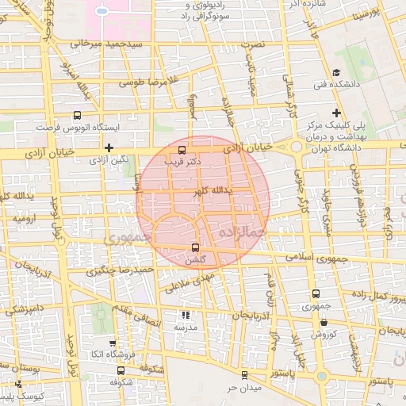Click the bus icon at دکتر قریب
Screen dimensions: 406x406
[x=183, y=149]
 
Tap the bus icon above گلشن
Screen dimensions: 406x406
[x=195, y=247]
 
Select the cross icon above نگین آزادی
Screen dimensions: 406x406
[x=109, y=147]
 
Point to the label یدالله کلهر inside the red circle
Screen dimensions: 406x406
[x=210, y=191]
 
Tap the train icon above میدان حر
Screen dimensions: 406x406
[x=243, y=374]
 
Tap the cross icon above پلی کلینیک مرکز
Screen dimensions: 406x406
[x=337, y=113]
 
